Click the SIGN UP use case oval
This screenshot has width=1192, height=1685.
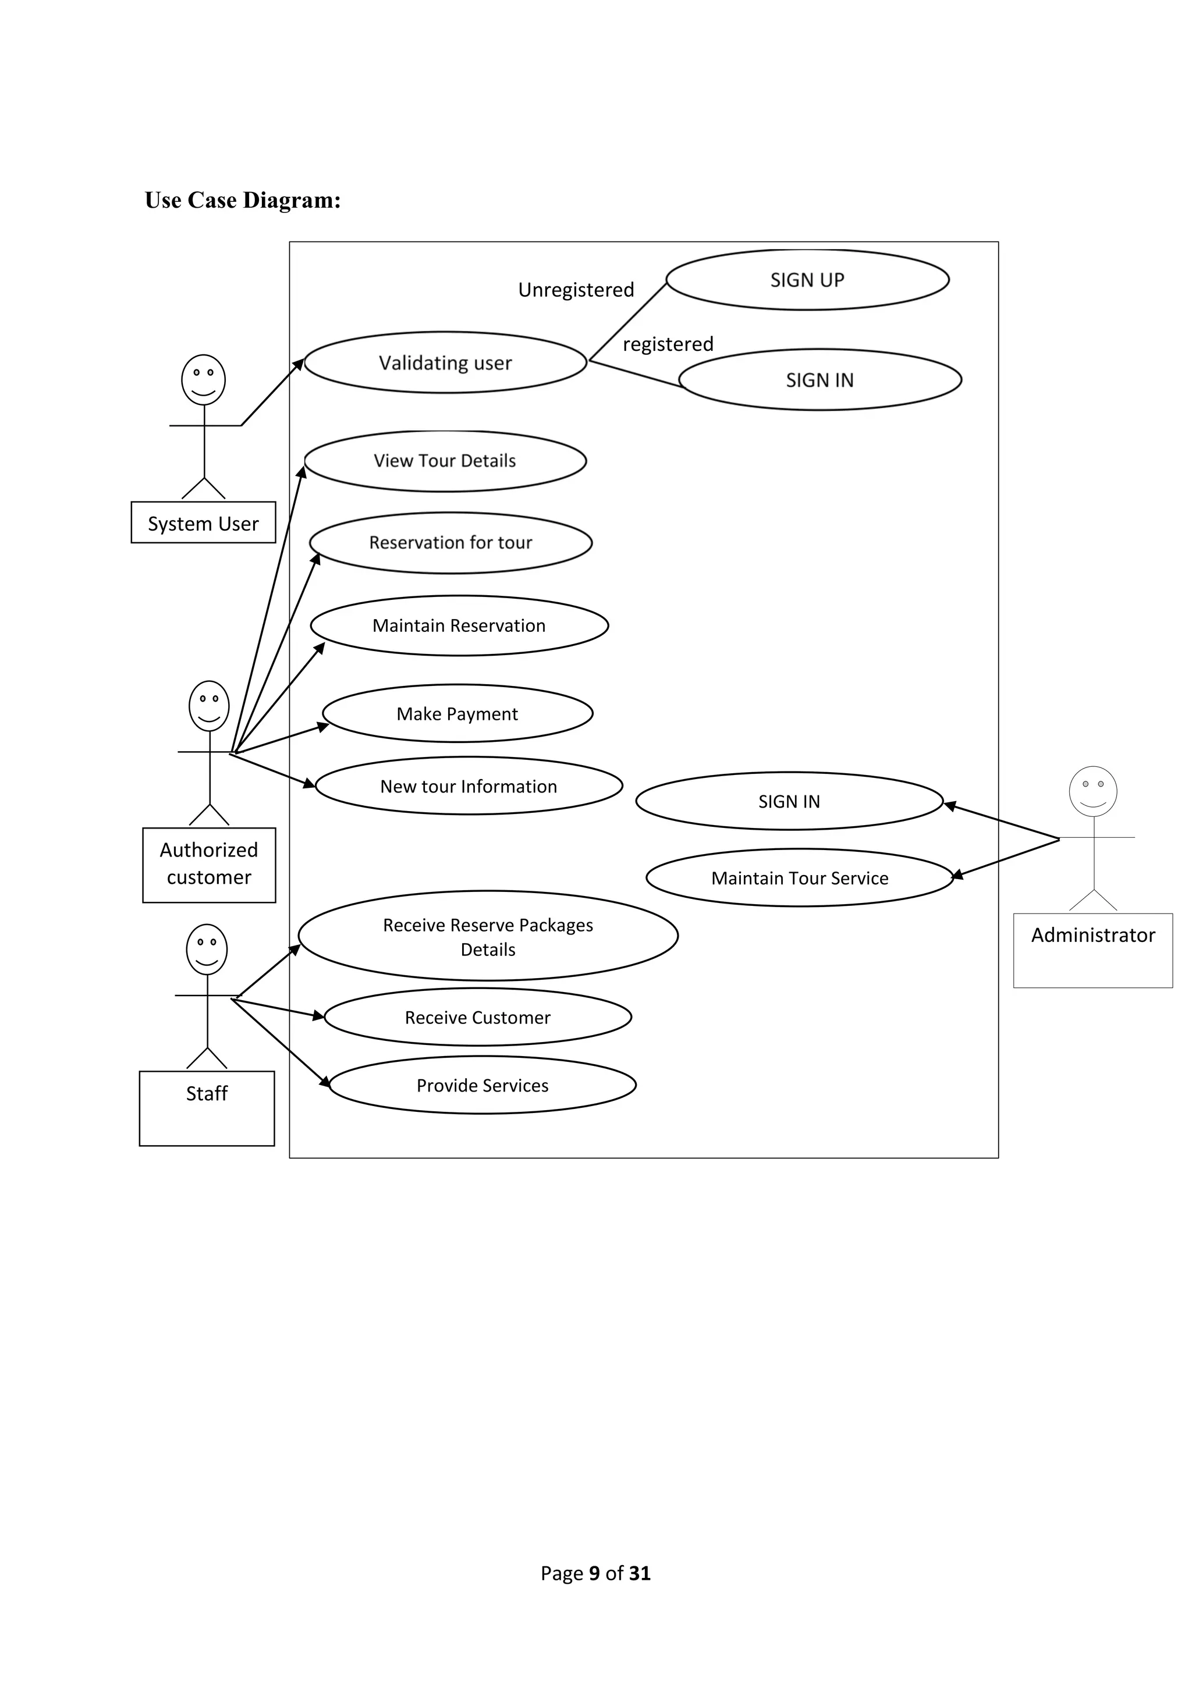807,280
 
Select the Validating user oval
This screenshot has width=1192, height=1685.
445,362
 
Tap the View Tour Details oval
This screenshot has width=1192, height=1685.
445,461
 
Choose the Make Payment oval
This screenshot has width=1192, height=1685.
457,713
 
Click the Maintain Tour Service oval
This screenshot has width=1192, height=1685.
799,878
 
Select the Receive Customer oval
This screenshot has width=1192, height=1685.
477,1017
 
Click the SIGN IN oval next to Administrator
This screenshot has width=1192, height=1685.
789,801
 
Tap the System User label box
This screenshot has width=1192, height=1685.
203,523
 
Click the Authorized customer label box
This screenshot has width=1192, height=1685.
209,864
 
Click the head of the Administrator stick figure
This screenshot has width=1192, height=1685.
1093,791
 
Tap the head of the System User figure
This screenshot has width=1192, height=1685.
203,379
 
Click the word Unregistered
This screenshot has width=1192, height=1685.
576,290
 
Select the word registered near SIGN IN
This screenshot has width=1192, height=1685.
668,344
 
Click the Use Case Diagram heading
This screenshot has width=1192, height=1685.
243,200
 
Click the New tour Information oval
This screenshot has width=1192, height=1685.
469,786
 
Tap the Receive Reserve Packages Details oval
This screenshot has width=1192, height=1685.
488,936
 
